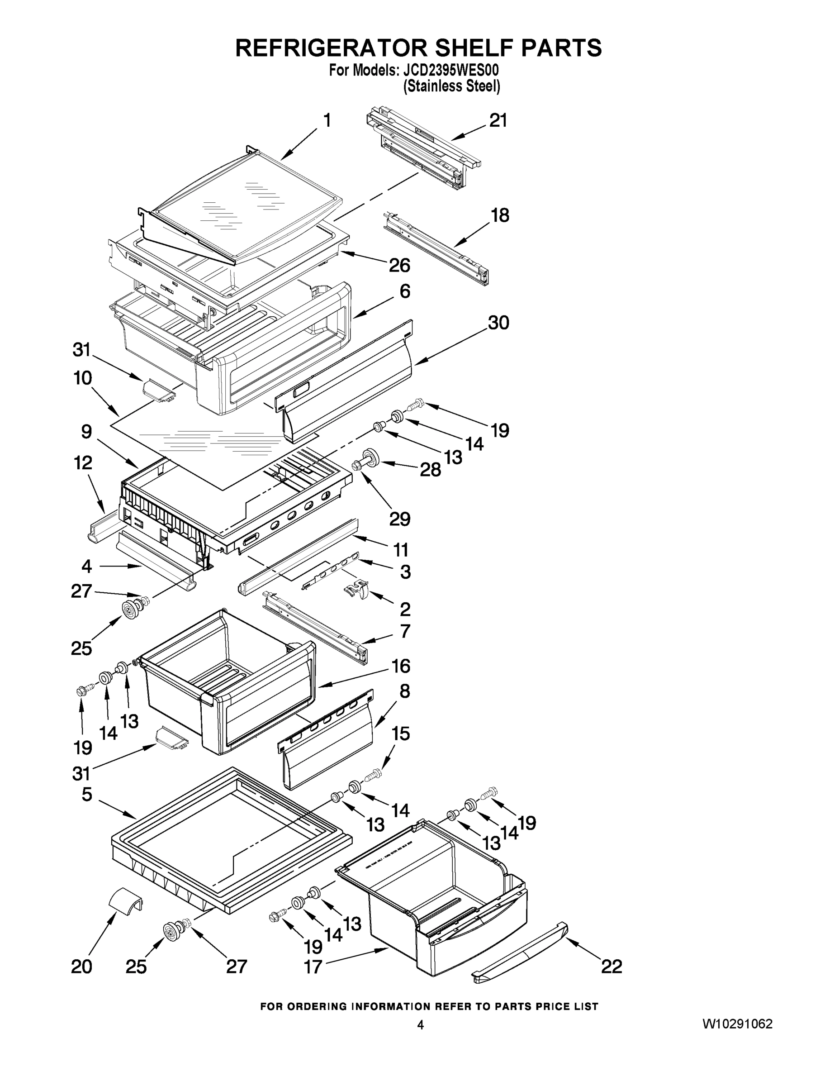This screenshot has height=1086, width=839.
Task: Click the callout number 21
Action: (x=498, y=120)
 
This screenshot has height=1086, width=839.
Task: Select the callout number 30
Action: (x=498, y=323)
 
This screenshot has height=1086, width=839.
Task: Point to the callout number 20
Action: (x=81, y=967)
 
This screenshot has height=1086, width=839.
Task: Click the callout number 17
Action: (x=313, y=967)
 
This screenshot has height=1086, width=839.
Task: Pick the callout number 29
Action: (x=400, y=519)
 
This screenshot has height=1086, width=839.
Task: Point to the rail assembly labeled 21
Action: (x=422, y=149)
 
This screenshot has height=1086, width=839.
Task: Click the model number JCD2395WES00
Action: (x=450, y=71)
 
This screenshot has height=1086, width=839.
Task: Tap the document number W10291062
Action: (x=737, y=1024)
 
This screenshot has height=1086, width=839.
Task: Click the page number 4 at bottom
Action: (x=420, y=1025)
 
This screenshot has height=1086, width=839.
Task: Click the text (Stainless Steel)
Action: (x=451, y=86)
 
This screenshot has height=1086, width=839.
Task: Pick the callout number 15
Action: (x=401, y=734)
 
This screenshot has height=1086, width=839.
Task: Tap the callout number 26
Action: (x=399, y=265)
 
